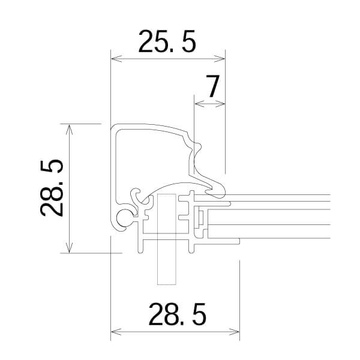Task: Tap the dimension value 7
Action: (211, 87)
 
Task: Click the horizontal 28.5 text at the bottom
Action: (177, 314)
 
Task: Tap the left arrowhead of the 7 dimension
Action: (198, 103)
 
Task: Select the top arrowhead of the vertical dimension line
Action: (71, 127)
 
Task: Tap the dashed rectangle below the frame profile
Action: (166, 264)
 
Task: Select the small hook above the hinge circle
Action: (137, 196)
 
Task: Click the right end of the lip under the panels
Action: (239, 241)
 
